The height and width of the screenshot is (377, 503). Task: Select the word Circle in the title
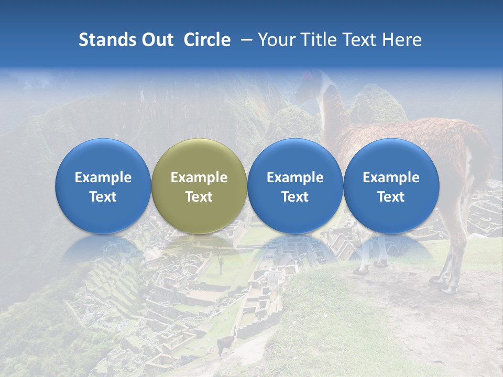(x=207, y=40)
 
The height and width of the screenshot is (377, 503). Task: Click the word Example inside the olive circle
(x=199, y=178)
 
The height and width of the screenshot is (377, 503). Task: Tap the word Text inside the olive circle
(x=199, y=197)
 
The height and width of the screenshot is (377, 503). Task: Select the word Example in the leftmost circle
(x=103, y=178)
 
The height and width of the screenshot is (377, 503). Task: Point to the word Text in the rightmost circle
(x=391, y=197)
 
